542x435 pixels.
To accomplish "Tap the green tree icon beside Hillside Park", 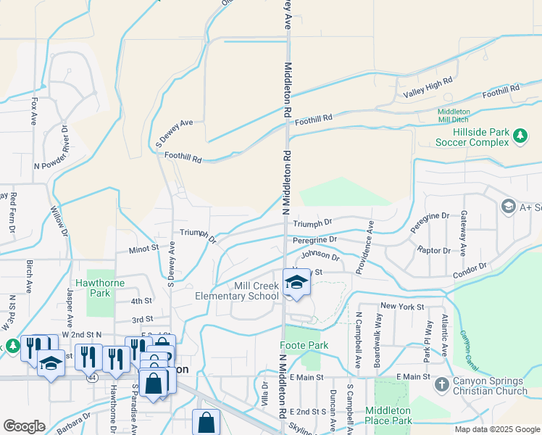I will click(x=520, y=136).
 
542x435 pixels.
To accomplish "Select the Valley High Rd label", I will click(x=428, y=88).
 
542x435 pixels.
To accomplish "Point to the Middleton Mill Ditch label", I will click(x=454, y=116).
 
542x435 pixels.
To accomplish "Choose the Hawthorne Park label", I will click(x=99, y=288).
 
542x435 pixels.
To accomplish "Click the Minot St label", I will click(x=143, y=248).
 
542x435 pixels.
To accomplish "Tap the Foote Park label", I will click(x=308, y=346).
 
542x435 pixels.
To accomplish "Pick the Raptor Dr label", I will click(x=433, y=250).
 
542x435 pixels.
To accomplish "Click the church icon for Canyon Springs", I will click(x=441, y=386).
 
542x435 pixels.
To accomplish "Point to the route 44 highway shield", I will click(x=91, y=378).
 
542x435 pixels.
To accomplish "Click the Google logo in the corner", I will click(x=24, y=426).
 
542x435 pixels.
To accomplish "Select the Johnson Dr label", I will click(x=320, y=256).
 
